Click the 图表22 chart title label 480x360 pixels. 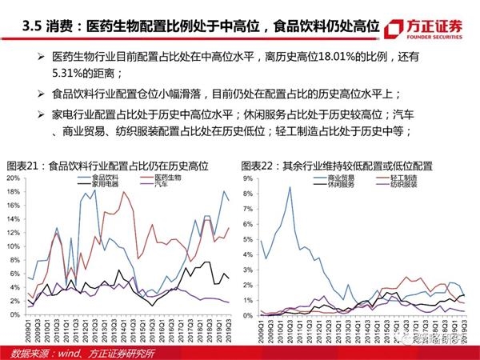pos(257,166)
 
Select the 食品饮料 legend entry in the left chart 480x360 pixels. pos(104,176)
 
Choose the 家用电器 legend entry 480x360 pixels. pos(104,183)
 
